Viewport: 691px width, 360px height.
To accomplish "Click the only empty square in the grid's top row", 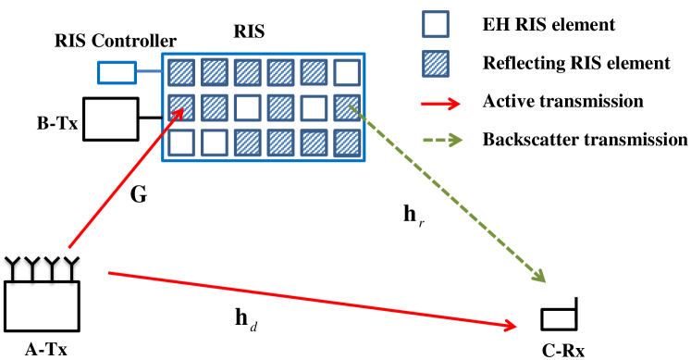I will point(347,72).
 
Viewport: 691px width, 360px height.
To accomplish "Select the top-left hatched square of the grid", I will point(181,72).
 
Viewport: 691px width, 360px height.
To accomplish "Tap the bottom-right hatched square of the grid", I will point(347,143).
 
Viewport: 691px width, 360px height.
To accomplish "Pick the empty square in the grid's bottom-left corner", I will point(181,143).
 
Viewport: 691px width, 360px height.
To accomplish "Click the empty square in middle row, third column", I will point(247,107).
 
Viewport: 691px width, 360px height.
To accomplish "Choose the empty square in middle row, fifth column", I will point(314,107).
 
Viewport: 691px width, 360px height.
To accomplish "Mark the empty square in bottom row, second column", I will point(215,143).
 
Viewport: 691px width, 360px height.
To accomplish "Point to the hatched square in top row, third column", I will point(247,72).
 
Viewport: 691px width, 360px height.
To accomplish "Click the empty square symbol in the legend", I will point(436,24).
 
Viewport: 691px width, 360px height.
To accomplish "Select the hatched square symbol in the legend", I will point(436,64).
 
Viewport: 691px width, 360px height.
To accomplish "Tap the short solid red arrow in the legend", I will point(440,104).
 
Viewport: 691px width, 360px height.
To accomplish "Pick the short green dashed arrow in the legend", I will point(442,140).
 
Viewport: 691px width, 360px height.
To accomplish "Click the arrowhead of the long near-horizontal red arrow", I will point(510,325).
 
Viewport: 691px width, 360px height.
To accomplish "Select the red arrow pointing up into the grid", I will point(125,179).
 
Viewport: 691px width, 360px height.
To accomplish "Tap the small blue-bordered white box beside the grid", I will point(117,72).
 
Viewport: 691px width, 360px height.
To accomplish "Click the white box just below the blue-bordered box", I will point(110,119).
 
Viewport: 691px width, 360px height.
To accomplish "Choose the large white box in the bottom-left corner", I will point(42,306).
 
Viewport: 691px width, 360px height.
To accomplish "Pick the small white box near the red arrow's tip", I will point(559,319).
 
